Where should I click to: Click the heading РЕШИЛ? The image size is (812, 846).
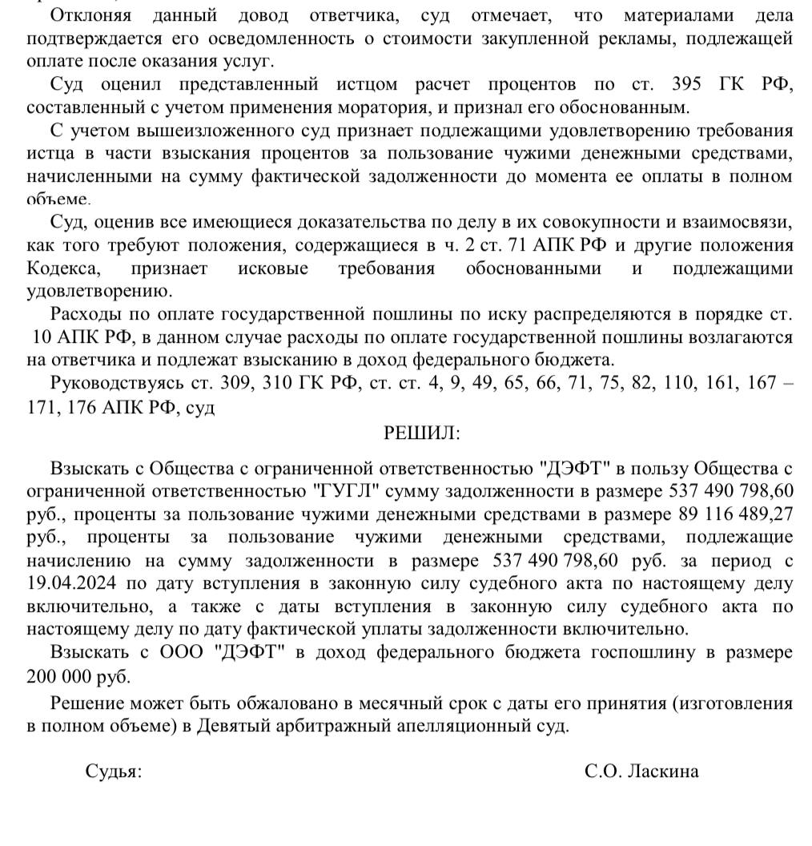tap(422, 433)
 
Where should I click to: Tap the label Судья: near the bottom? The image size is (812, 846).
tap(113, 771)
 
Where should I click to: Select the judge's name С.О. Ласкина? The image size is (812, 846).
tap(641, 771)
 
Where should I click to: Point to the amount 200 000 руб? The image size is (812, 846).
tap(78, 677)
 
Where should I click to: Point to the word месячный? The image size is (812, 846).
tap(431, 704)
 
